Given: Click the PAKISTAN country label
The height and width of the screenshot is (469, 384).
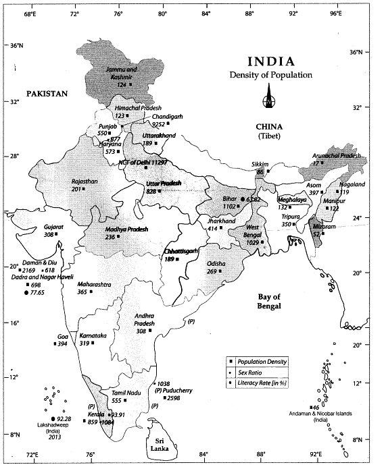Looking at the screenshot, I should point(47,94).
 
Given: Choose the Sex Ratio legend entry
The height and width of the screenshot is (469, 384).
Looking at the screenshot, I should point(252,373).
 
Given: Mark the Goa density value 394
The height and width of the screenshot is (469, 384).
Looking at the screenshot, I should point(63,344).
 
